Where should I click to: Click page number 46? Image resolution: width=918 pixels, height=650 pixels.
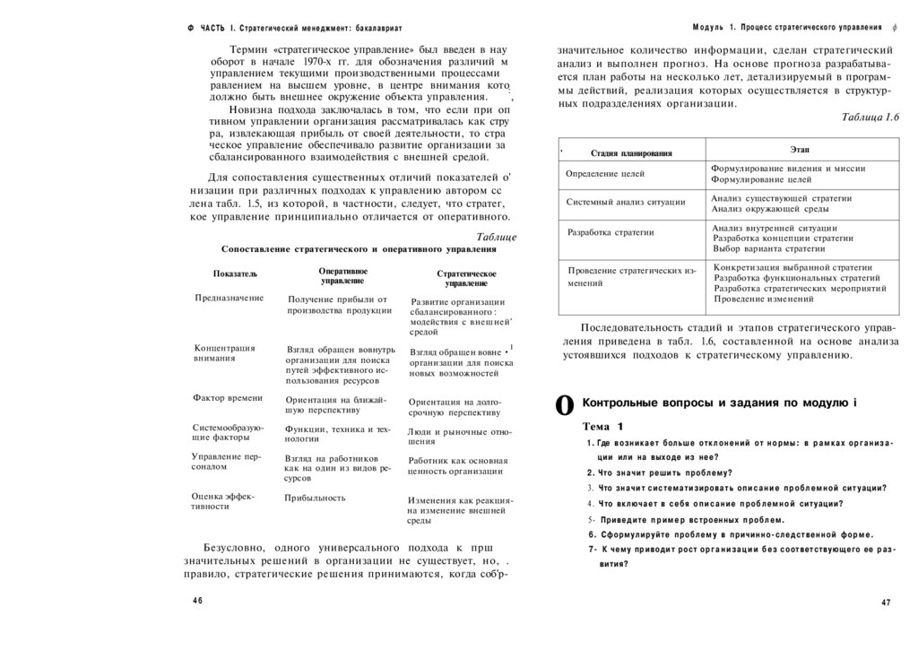(197, 600)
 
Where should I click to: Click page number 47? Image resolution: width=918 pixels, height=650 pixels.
(886, 602)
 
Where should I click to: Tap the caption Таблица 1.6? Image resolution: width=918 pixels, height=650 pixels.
(870, 117)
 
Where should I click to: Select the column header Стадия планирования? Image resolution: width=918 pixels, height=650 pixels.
(631, 153)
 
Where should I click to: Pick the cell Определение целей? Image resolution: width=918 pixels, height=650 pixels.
(605, 174)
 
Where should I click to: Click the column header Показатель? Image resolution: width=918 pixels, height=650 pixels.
(235, 273)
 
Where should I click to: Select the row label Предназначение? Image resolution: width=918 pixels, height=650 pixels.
(229, 298)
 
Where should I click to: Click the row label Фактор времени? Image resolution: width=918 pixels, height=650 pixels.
(228, 397)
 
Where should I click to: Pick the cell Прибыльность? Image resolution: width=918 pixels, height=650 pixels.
(315, 497)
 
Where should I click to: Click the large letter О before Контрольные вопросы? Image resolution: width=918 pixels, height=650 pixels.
(565, 405)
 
